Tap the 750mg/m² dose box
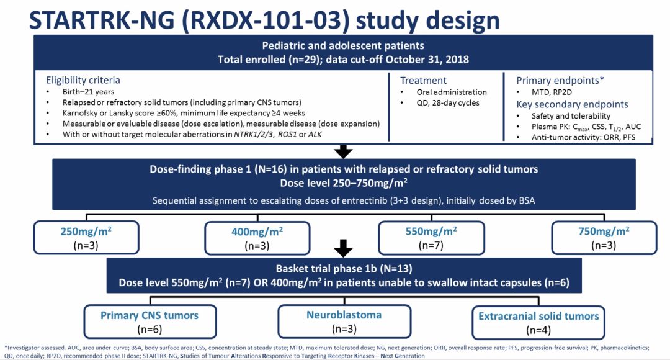(x=604, y=237)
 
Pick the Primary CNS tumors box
(x=150, y=321)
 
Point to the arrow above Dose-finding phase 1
(x=343, y=151)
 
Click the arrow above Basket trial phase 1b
(x=343, y=250)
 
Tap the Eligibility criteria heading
(x=83, y=80)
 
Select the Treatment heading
(x=423, y=80)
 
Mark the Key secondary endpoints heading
(x=572, y=104)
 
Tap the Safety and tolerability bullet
(x=571, y=116)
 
